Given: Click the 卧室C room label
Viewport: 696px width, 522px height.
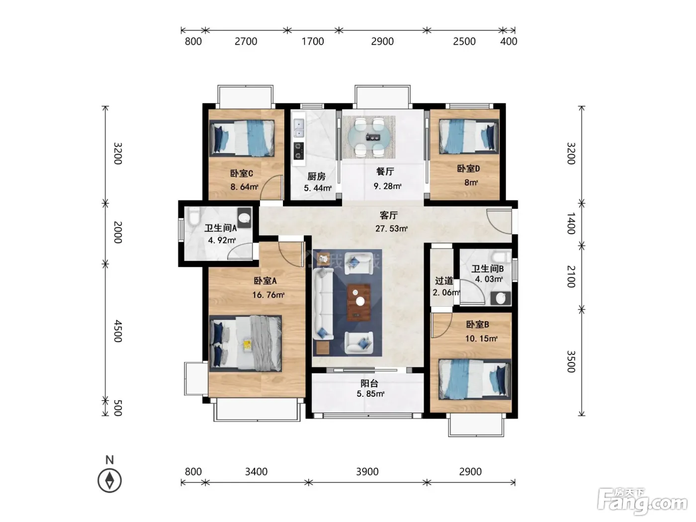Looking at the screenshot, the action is [241, 174].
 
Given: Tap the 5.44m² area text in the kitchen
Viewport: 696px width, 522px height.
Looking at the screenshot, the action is [317, 188].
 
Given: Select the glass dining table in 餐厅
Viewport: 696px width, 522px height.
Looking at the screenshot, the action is [369, 137].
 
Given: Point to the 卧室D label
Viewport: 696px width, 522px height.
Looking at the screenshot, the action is [468, 169].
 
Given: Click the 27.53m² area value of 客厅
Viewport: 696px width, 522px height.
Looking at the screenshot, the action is [391, 229].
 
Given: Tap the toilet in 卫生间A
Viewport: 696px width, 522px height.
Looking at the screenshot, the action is [194, 216].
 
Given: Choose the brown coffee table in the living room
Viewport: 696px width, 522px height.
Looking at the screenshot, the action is [358, 302].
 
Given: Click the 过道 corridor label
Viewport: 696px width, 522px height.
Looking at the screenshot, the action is [444, 281].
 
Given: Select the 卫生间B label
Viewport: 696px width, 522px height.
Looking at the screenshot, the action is [487, 269].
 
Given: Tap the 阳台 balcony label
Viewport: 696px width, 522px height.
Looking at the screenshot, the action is [369, 383].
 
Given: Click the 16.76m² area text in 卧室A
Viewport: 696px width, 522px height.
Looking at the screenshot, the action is [268, 295].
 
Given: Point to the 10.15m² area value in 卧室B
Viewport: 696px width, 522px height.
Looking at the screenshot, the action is [481, 339].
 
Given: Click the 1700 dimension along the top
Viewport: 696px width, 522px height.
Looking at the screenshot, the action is [313, 41].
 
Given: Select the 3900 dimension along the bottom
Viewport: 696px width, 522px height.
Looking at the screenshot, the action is [367, 472].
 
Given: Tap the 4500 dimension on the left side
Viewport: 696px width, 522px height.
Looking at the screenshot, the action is [118, 331].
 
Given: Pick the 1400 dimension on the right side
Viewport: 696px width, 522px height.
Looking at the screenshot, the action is [571, 223].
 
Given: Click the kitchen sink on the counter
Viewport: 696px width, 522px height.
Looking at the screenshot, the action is [299, 128].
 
